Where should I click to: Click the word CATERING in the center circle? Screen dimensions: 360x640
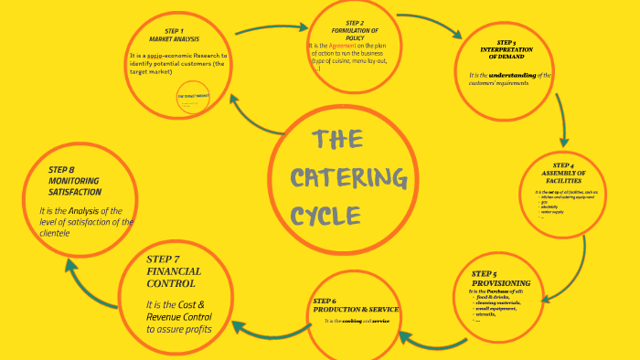tap(348, 177)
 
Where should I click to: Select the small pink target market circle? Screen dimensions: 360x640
tap(193, 100)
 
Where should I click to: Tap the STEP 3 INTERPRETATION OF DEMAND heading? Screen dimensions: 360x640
tap(506, 48)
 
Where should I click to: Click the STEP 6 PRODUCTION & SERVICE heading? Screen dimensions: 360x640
tap(355, 305)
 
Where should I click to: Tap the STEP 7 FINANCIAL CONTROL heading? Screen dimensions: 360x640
tap(175, 271)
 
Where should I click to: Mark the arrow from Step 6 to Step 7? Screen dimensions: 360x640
tap(261, 324)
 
